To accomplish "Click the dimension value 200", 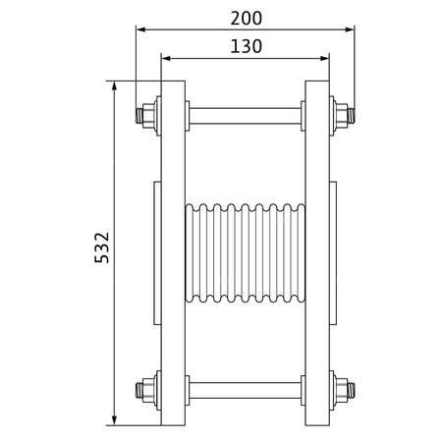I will pyautogui.click(x=245, y=19).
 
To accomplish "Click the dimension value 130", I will pyautogui.click(x=245, y=45).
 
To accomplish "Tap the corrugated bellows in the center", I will pyautogui.click(x=245, y=253).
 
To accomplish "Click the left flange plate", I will pyautogui.click(x=172, y=253).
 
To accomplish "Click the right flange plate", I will pyautogui.click(x=317, y=253).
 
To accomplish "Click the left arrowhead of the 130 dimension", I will pyautogui.click(x=164, y=56).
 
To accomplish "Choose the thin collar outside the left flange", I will pyautogui.click(x=156, y=253).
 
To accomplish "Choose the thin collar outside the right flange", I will pyautogui.click(x=333, y=253).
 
